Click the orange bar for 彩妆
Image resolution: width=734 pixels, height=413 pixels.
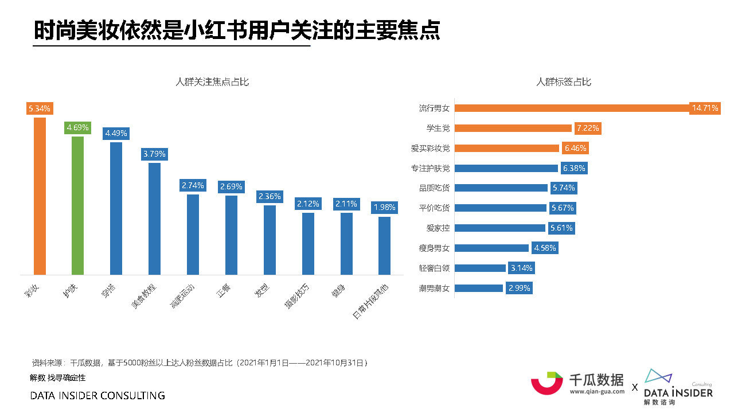coord(40,196)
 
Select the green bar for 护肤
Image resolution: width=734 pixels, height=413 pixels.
coord(77,205)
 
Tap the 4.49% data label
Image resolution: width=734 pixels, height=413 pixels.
coord(116,134)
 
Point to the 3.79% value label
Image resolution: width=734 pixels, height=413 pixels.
coord(154,154)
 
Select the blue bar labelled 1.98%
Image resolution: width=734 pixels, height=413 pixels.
coord(384,246)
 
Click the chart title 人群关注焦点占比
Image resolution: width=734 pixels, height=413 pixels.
coord(212,82)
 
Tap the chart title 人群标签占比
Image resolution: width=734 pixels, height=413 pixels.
coord(563,82)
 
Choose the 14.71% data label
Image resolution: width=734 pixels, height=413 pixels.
coord(705,108)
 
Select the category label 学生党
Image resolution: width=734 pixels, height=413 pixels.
coord(438,128)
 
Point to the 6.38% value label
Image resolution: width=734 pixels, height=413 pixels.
coord(573,168)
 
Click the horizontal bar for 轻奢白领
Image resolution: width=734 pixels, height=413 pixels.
coord(480,268)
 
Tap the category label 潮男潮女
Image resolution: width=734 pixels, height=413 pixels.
coord(434,288)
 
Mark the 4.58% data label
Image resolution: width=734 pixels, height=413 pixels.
coord(544,248)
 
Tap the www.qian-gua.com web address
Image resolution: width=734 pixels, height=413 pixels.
coord(597,392)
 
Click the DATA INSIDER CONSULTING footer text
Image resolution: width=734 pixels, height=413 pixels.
coord(97,396)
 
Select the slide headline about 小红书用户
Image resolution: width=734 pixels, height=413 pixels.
coord(237,31)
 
